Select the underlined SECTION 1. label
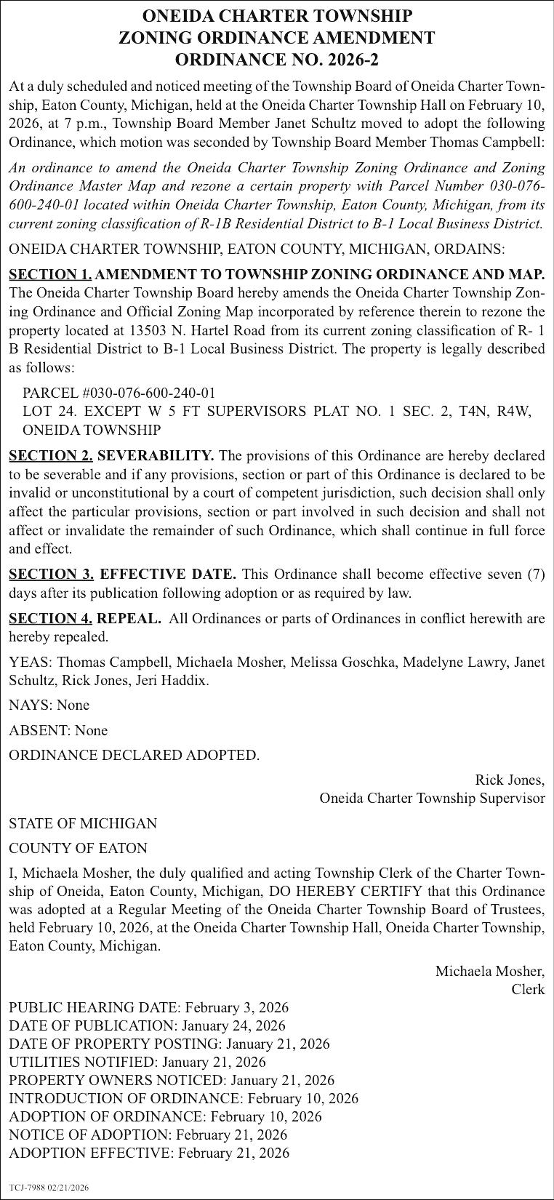point(50,274)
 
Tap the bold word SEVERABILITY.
point(155,456)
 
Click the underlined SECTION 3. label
point(51,575)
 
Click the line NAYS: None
point(49,705)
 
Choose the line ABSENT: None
point(58,730)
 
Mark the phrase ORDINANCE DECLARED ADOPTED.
point(134,755)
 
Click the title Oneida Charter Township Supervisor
point(432,799)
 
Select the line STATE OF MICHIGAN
point(83,823)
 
